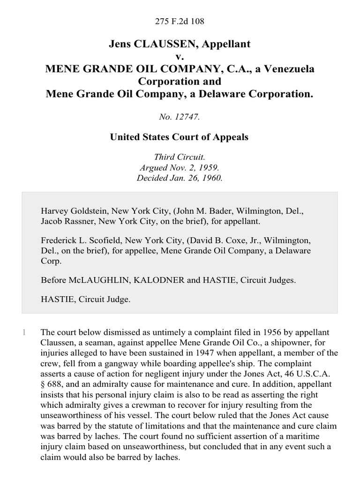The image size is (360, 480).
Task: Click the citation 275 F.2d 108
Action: coord(180,22)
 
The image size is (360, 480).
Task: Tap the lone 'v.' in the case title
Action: coord(180,56)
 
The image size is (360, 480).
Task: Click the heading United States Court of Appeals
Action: coord(180,137)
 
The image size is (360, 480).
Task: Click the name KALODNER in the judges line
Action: coord(156,280)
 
